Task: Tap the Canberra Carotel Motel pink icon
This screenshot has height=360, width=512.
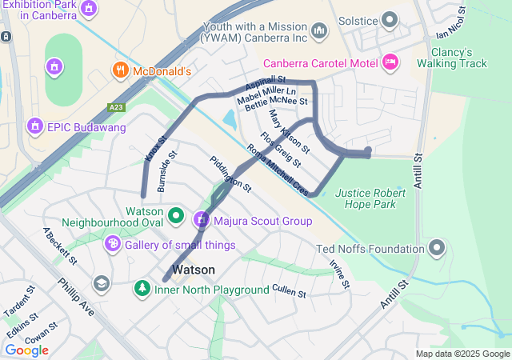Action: (390, 62)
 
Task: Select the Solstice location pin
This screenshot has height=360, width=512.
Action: (390, 18)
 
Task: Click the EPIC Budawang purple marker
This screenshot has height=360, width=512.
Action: (34, 126)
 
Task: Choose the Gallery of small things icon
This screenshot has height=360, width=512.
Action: (113, 243)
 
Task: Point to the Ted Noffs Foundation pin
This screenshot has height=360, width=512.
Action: (437, 248)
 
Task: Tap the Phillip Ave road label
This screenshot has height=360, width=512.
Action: (75, 296)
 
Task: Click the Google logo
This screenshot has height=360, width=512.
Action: (26, 350)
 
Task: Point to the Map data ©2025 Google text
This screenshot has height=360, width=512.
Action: (462, 354)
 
